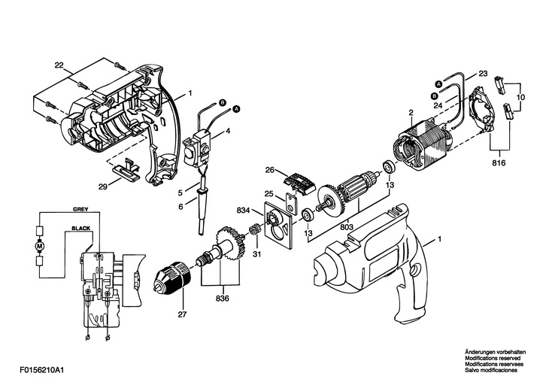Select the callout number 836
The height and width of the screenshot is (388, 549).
coord(222,298)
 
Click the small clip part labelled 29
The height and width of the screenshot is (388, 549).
coord(128,168)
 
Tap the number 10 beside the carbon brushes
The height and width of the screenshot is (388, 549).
coord(520,97)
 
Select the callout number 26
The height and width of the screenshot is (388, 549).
coord(268,169)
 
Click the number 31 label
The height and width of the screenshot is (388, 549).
coord(256,253)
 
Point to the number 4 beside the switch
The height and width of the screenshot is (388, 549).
coord(228,132)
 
